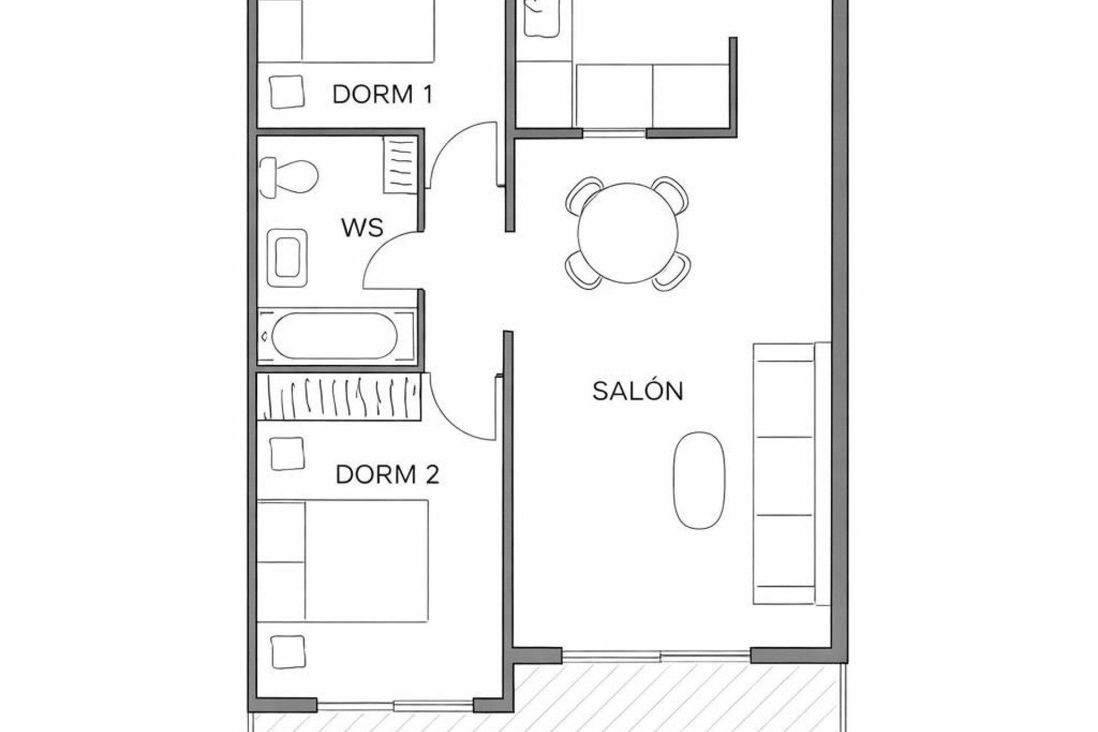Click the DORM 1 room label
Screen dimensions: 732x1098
point(382,94)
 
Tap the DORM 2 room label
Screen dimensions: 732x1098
point(387,475)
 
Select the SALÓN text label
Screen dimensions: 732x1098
point(638,391)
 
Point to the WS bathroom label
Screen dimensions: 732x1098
point(362,228)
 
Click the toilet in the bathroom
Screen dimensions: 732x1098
point(289,177)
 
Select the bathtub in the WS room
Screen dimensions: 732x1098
point(335,336)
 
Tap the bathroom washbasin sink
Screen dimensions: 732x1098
point(287,258)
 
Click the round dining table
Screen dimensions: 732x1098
point(627,233)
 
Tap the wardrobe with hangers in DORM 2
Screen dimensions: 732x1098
point(339,397)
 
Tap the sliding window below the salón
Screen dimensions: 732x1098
point(656,656)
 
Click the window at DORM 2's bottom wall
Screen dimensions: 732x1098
point(395,705)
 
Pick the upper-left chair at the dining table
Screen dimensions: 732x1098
point(583,194)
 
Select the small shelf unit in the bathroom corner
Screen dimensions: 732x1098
point(400,165)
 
